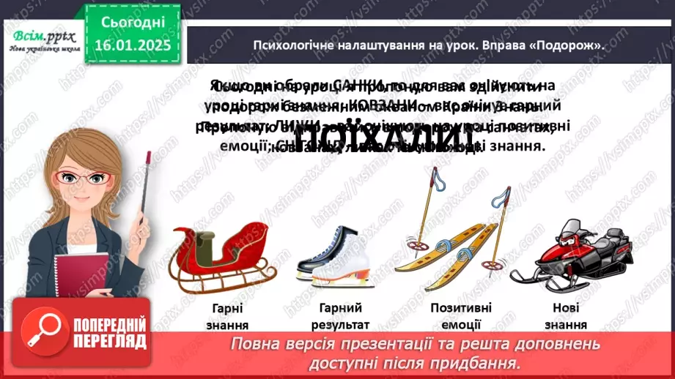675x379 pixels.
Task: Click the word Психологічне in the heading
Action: pos(287,45)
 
